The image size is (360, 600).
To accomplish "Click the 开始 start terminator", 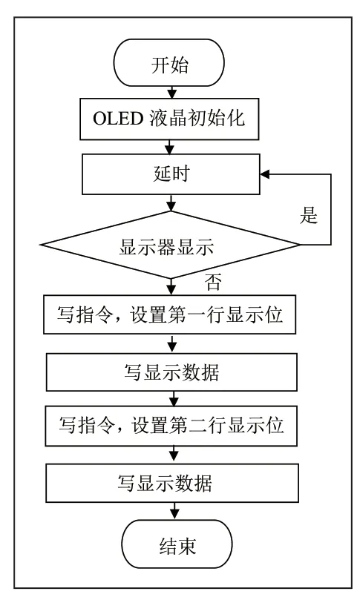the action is click(x=169, y=63).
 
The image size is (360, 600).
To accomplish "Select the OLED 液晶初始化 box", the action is click(x=169, y=119).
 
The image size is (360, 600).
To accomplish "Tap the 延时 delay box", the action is click(x=171, y=174).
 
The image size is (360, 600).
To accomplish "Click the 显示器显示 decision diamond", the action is click(x=171, y=245).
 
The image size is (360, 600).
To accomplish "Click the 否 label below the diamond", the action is click(x=212, y=283).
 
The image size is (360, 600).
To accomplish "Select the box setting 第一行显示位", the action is click(x=170, y=314).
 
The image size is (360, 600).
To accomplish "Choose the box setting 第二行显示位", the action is click(x=171, y=426).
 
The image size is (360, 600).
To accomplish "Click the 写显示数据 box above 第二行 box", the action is click(x=171, y=372).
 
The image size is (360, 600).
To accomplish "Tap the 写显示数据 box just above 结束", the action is click(x=172, y=483).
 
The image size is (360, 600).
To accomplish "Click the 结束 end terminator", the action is click(x=177, y=544).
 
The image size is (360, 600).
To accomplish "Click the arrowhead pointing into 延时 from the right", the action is click(x=265, y=174).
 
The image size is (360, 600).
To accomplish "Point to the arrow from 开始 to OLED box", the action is click(x=172, y=92).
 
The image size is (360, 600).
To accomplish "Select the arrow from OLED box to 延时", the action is click(x=170, y=147).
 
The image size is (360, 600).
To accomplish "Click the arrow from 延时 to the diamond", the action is click(x=171, y=202).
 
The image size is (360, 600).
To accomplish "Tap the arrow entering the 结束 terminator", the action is click(x=174, y=511).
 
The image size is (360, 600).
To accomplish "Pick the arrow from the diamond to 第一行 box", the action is click(x=171, y=287).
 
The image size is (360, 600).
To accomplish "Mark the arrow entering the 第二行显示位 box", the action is click(x=174, y=399).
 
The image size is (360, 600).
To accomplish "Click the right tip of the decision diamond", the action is click(x=300, y=245).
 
